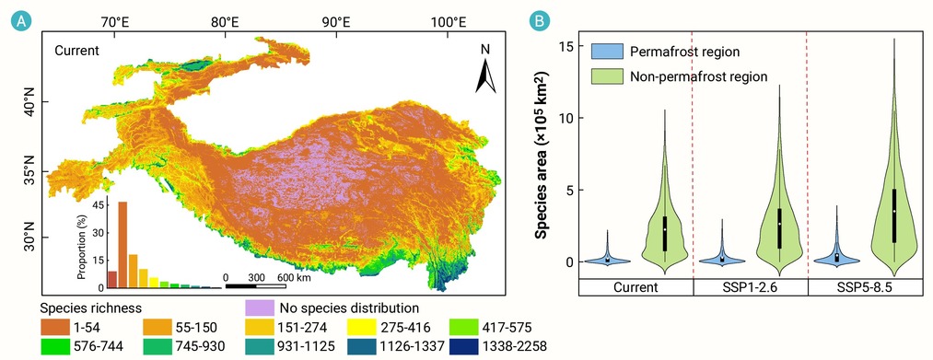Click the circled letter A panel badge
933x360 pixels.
click(21, 21)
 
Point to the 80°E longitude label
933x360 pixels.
click(225, 22)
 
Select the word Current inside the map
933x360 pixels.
click(76, 51)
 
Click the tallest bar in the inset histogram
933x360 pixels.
click(122, 245)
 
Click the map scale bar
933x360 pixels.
click(255, 286)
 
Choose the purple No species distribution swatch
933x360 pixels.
click(260, 308)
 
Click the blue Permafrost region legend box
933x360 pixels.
click(607, 52)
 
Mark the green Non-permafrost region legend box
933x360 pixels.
click(607, 76)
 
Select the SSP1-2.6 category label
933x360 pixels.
click(751, 287)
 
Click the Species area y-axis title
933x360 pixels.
click(542, 156)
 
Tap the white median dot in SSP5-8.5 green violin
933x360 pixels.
click(894, 211)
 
